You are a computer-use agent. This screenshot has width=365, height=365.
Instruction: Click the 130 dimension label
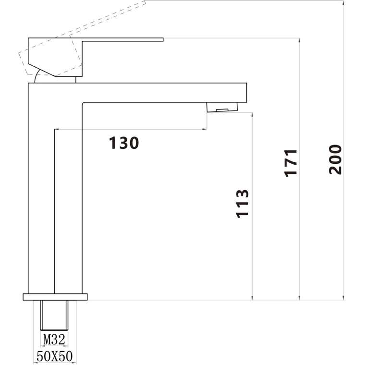124,143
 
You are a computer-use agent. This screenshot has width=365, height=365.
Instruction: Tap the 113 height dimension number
243,204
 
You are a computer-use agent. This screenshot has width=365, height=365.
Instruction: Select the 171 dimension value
291,163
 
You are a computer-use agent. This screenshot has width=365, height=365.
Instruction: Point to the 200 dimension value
335,159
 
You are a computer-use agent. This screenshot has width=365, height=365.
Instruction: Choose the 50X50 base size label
55,356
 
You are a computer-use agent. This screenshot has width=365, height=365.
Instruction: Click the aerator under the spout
222,107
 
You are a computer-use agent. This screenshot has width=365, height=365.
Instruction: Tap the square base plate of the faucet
55,297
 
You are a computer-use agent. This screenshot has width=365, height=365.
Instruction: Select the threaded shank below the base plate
54,315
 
